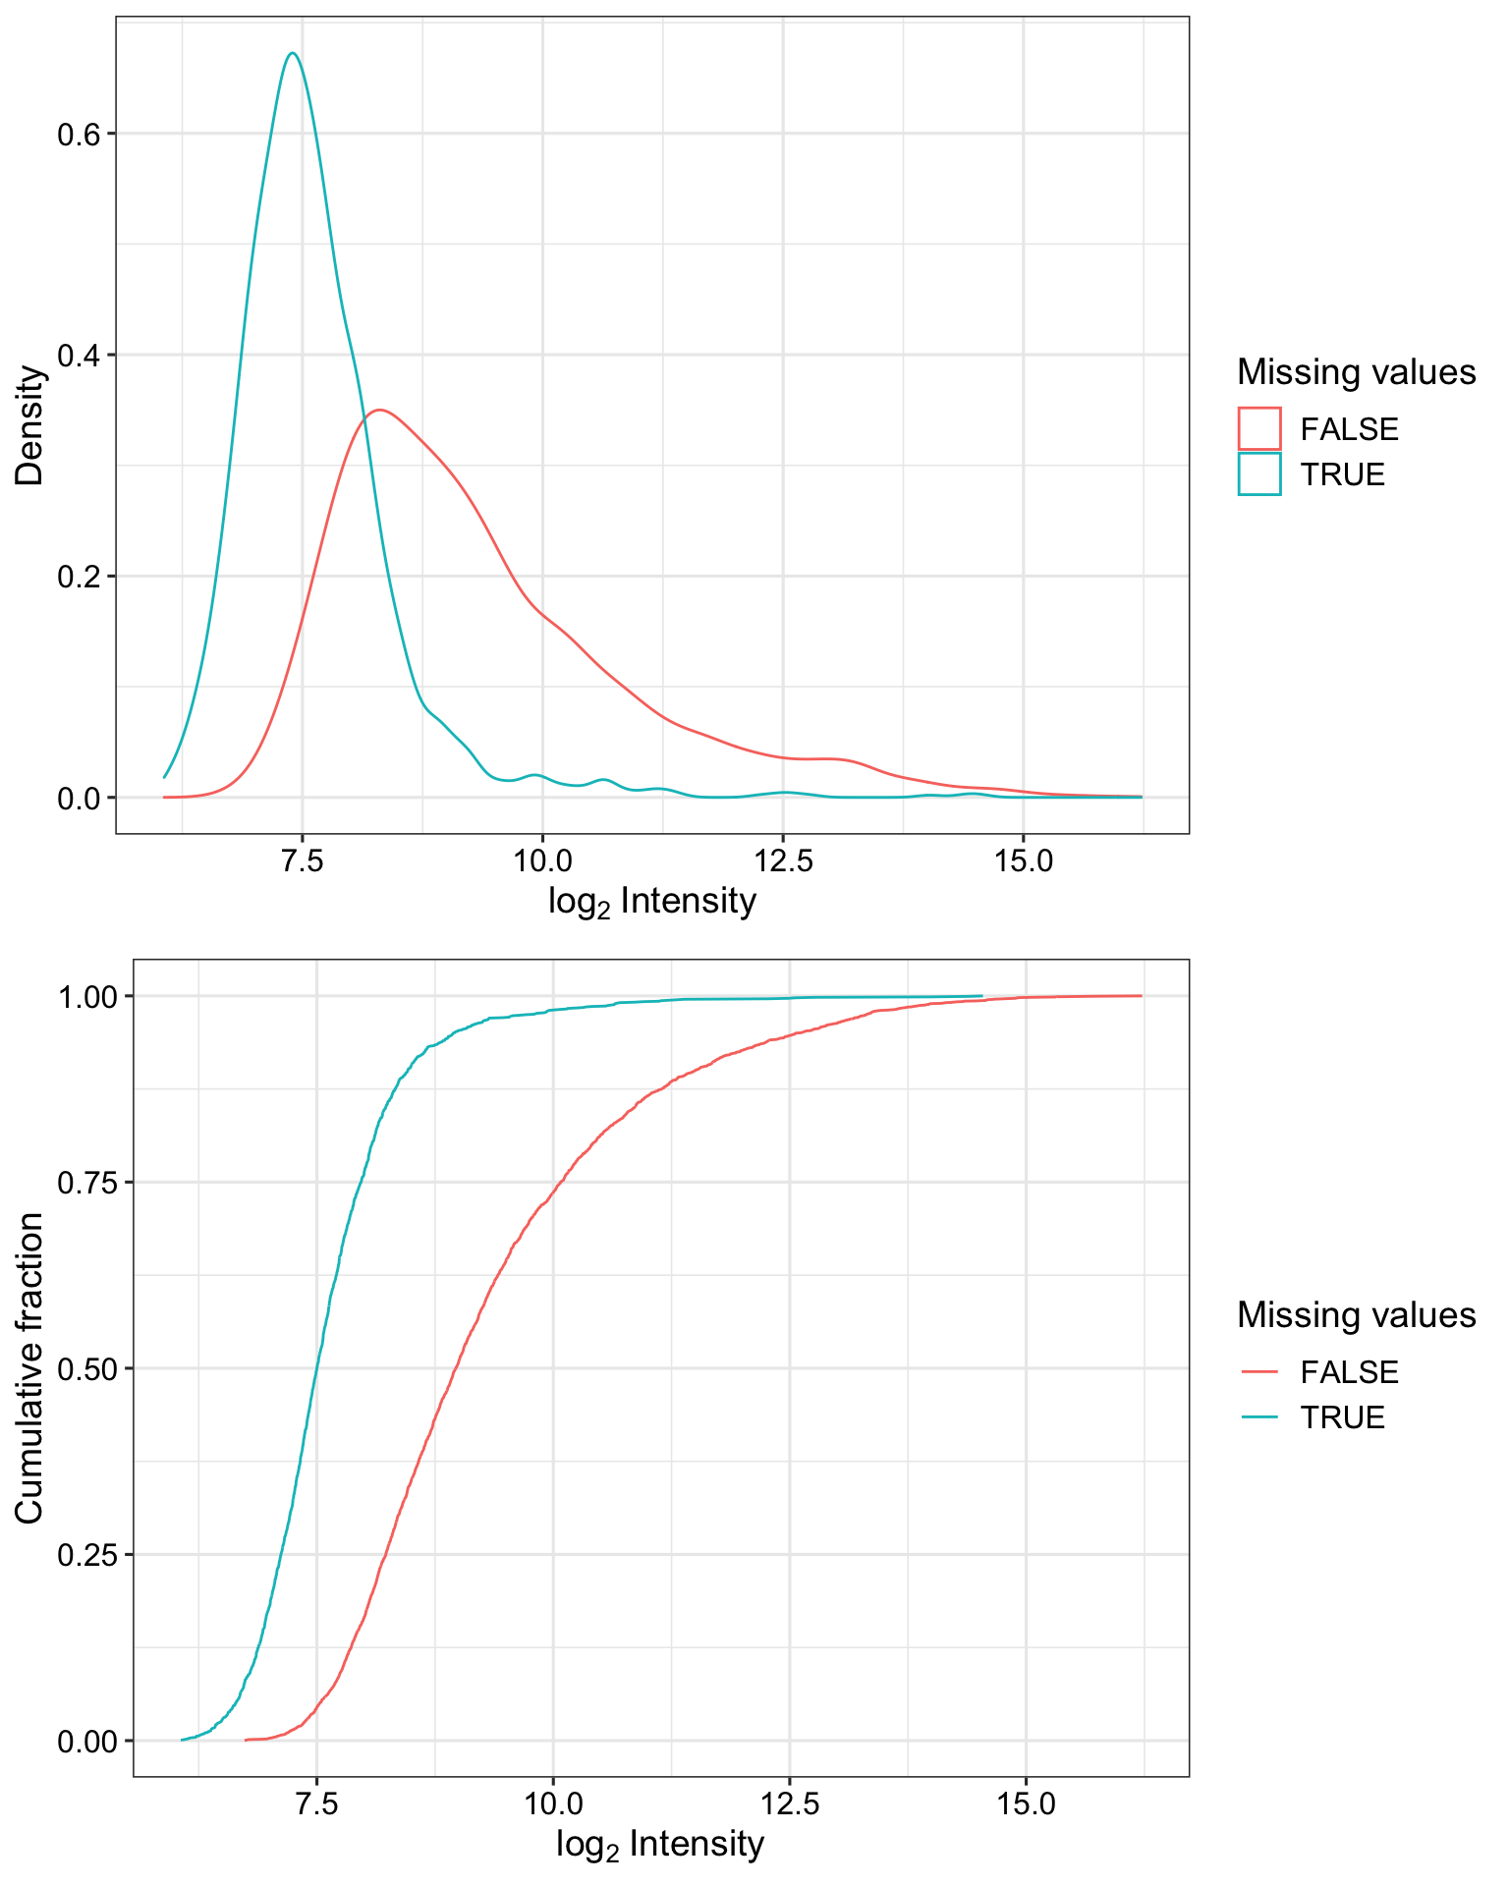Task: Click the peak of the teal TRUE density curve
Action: (292, 53)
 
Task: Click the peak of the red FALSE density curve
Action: (378, 410)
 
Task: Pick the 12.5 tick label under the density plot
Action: (783, 861)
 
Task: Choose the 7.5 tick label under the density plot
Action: (302, 861)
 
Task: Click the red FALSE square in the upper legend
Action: (1259, 428)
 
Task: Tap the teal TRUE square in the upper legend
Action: (1259, 473)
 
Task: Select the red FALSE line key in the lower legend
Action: (1259, 1371)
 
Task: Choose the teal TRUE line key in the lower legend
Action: (1259, 1416)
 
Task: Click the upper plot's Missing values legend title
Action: (1356, 372)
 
